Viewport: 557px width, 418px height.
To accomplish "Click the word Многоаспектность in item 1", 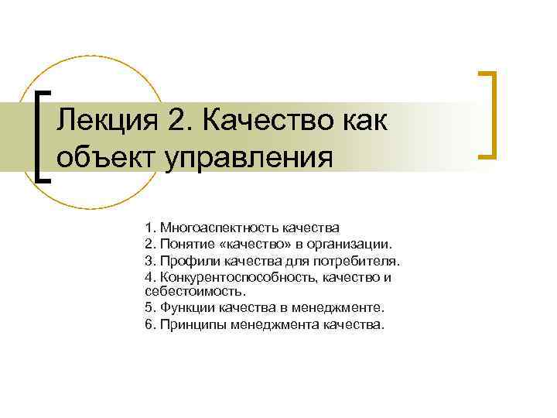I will coord(211,228).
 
